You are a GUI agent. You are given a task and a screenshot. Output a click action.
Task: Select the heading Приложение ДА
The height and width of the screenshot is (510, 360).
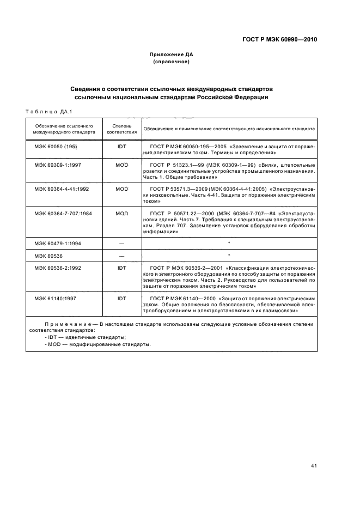(x=172, y=54)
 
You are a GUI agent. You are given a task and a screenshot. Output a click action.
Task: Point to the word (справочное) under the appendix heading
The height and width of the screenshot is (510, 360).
(x=172, y=62)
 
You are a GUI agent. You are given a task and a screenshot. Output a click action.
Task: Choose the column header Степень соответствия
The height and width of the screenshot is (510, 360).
(x=121, y=129)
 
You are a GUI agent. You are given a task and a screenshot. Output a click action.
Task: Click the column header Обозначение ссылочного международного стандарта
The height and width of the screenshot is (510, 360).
(x=64, y=129)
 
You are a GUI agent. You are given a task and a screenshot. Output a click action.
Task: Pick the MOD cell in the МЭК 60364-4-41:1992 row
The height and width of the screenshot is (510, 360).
(x=121, y=189)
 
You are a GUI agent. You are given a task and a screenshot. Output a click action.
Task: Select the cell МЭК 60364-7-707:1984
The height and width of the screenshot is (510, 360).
(x=63, y=213)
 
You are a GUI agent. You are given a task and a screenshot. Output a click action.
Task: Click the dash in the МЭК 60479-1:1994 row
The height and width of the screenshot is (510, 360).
(x=121, y=242)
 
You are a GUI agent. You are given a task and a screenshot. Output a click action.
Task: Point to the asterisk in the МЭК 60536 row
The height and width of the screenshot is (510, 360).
(x=229, y=255)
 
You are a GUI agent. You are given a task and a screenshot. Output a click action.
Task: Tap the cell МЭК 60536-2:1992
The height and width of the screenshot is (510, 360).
(x=59, y=268)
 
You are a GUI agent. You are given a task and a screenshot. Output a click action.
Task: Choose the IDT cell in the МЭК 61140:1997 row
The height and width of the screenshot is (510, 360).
(x=121, y=299)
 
